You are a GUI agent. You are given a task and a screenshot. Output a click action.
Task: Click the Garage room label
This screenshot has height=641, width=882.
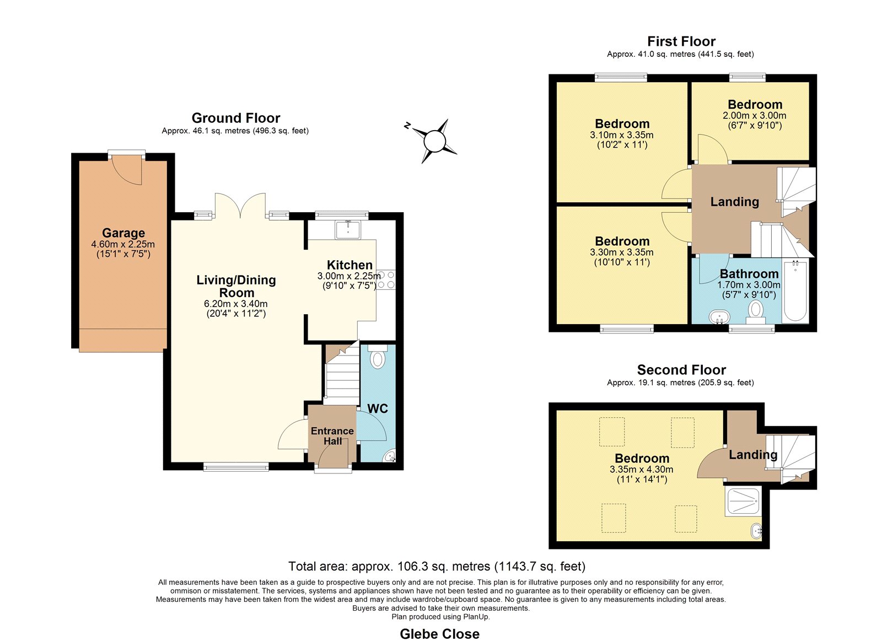[123, 233]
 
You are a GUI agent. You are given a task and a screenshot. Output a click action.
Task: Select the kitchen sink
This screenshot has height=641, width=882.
[348, 230]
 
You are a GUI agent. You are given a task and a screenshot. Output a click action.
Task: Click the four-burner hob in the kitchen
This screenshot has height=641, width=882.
[386, 279]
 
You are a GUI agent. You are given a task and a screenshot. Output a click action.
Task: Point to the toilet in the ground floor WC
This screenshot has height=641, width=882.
[378, 357]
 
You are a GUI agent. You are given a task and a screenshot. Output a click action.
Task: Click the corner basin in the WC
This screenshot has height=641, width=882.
[389, 456]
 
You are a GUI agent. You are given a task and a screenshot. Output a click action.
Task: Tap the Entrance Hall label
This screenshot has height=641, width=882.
[332, 436]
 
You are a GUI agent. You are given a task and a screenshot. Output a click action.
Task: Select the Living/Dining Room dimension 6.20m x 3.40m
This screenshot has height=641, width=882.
[236, 304]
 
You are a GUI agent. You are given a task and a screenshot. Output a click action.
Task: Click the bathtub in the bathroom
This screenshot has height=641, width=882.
[795, 292]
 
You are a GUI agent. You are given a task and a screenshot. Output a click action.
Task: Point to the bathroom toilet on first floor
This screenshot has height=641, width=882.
[756, 313]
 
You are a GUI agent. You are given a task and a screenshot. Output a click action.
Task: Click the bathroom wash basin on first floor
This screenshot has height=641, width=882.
[719, 316]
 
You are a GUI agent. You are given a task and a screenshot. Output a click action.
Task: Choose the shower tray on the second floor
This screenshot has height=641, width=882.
[743, 501]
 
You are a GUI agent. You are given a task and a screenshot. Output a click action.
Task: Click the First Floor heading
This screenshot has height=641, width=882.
[681, 41]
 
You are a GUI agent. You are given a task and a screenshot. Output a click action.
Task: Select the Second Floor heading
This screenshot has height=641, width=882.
[681, 370]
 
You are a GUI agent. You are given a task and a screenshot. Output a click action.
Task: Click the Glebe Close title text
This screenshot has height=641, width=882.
[440, 634]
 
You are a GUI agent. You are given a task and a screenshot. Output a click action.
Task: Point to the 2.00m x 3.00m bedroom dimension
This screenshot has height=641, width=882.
[755, 116]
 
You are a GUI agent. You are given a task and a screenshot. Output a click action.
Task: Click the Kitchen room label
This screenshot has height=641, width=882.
[349, 265]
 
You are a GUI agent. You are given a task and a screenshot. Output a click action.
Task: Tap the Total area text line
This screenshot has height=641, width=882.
[437, 566]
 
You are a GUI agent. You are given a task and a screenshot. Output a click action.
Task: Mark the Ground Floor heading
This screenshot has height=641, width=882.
[236, 118]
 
